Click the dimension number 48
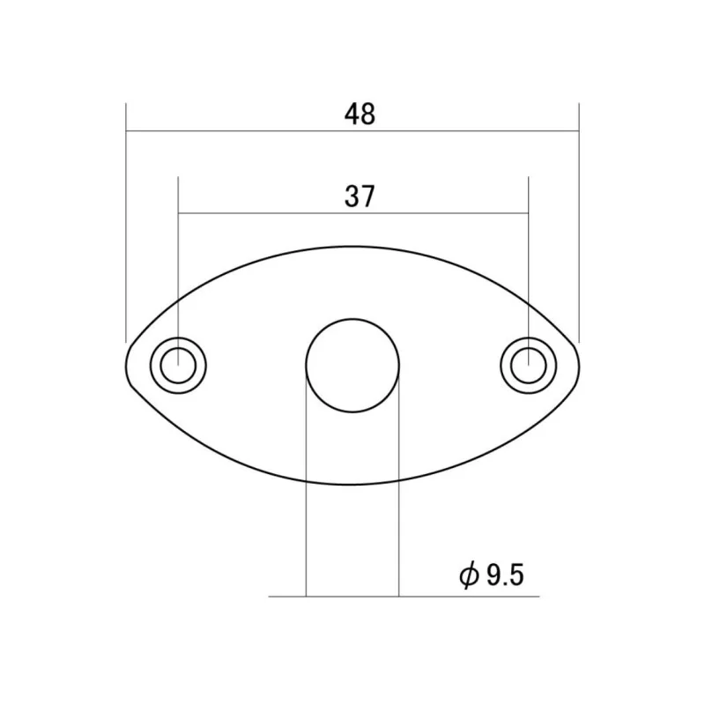[x=360, y=114]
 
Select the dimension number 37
[x=360, y=196]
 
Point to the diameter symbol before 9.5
[x=469, y=576]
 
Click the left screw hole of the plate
[x=179, y=365]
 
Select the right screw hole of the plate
[x=528, y=365]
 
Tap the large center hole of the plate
[x=352, y=365]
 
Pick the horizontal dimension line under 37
[x=264, y=213]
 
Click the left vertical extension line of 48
[x=126, y=220]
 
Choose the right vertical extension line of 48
[x=579, y=220]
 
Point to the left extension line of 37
[x=179, y=264]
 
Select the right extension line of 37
[x=528, y=264]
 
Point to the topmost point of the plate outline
[x=352, y=246]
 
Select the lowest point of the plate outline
[x=352, y=484]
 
